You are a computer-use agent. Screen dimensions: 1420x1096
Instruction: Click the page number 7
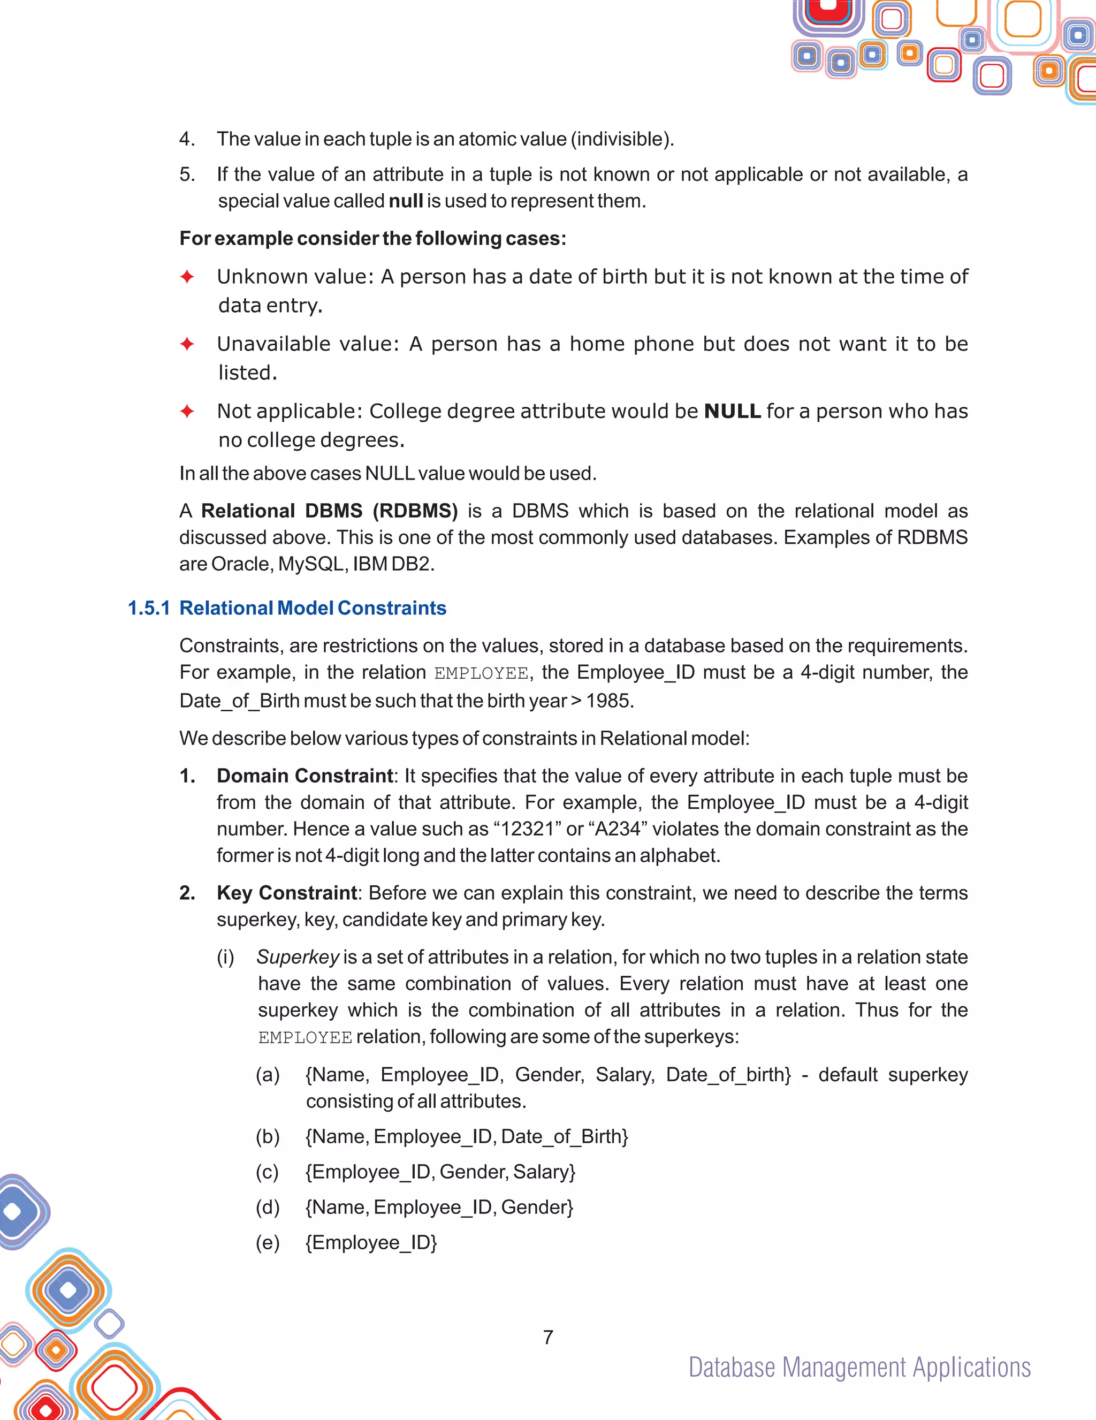[x=548, y=1337]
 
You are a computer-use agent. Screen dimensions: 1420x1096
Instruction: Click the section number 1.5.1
[x=149, y=608]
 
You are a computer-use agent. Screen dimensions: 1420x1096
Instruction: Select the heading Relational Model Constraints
[x=313, y=608]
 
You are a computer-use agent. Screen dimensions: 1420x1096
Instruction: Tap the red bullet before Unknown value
[x=187, y=277]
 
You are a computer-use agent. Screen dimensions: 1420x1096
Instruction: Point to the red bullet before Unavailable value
[x=187, y=344]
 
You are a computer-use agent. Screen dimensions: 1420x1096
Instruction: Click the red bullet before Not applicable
[x=187, y=411]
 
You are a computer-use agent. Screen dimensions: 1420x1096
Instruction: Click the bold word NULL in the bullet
[x=732, y=411]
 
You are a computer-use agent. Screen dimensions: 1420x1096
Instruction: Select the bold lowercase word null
[x=405, y=201]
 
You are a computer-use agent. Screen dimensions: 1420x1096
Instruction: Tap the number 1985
[x=609, y=701]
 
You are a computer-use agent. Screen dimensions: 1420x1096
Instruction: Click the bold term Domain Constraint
[x=305, y=776]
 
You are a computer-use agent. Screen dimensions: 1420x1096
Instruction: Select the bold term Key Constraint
[x=287, y=893]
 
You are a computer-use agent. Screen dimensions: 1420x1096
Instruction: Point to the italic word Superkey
[x=298, y=957]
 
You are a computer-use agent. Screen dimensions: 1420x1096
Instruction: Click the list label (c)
[x=267, y=1172]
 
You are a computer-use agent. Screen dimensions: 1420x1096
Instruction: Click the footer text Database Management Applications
[x=859, y=1368]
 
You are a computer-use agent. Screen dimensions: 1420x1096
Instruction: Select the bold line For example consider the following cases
[x=372, y=239]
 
